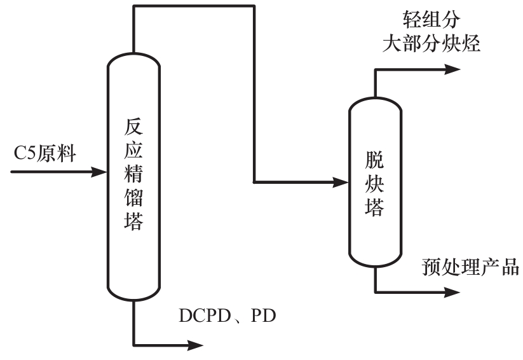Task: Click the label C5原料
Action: [44, 153]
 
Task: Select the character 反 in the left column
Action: [133, 128]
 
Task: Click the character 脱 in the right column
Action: [375, 158]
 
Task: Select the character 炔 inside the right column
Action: [375, 182]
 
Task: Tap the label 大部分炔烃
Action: [430, 44]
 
